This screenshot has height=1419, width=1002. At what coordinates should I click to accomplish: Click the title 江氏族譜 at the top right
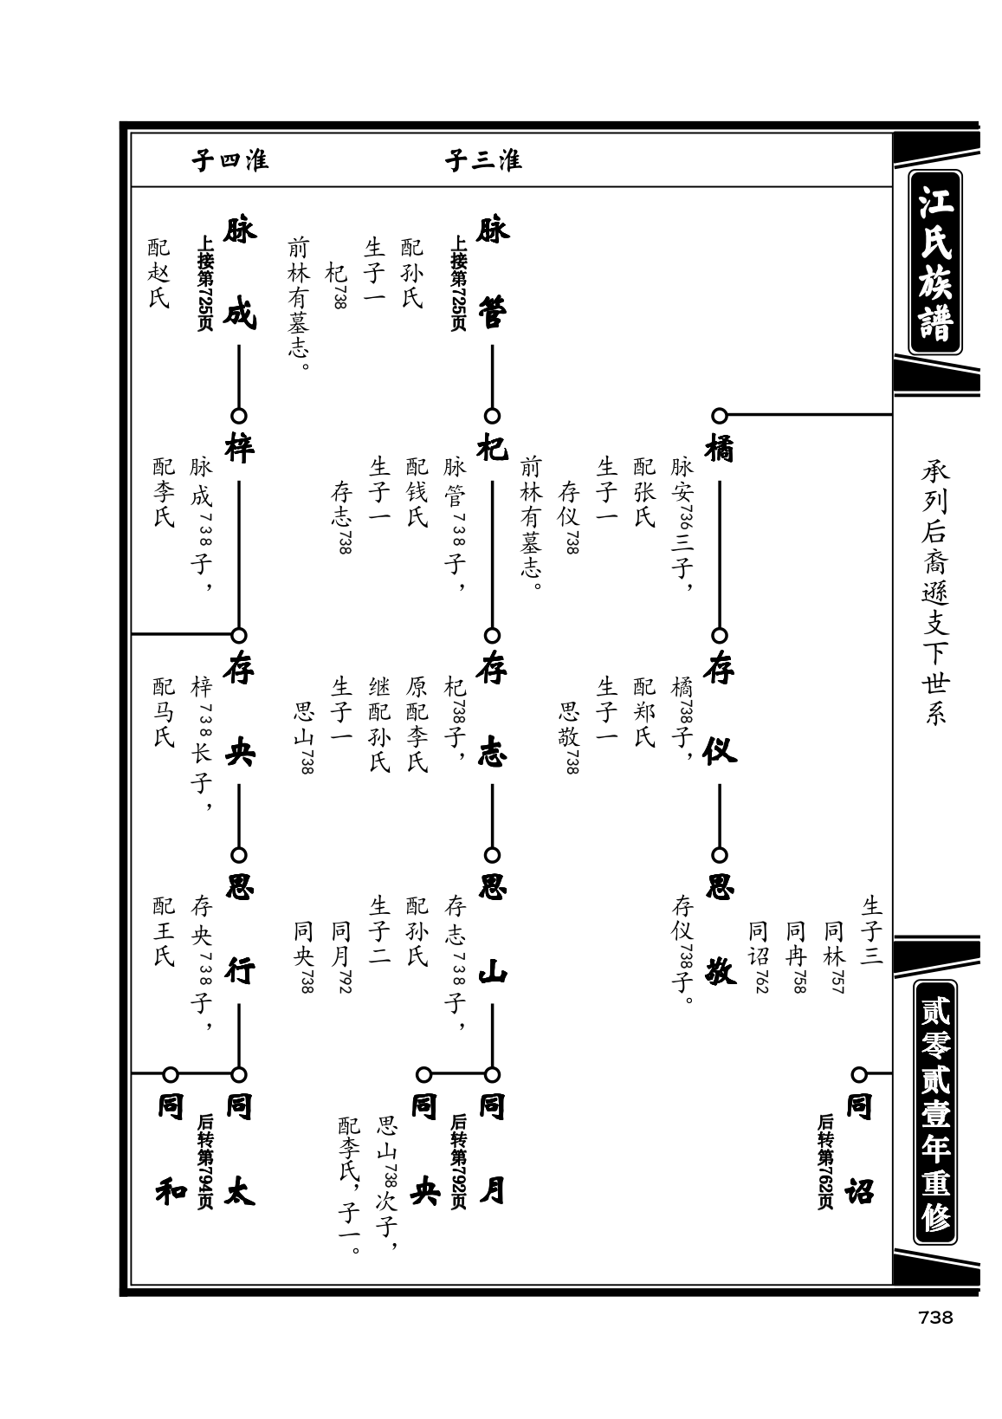tap(935, 262)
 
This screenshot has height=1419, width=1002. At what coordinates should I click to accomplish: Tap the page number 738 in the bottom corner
tap(934, 1318)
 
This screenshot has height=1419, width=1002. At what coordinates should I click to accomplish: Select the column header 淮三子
tap(483, 160)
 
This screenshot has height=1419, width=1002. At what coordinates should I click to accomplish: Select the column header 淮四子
tap(229, 160)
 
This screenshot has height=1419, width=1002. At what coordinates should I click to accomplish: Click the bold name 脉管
tap(492, 272)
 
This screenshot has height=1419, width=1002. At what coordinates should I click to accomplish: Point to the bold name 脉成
tap(239, 272)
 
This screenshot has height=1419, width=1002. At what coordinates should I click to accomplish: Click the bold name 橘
tap(720, 449)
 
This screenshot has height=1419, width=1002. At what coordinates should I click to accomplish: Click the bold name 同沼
tap(859, 1150)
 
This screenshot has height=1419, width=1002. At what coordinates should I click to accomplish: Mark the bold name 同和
tap(171, 1150)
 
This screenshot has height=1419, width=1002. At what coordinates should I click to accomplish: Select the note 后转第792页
tap(458, 1162)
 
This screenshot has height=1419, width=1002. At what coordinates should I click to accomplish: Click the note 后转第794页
tap(204, 1162)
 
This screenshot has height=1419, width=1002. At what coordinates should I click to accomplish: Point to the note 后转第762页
tap(824, 1162)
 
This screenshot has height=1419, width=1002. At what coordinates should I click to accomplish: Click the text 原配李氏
tap(417, 725)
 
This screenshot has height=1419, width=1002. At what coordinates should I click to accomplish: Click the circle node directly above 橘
tap(720, 416)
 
